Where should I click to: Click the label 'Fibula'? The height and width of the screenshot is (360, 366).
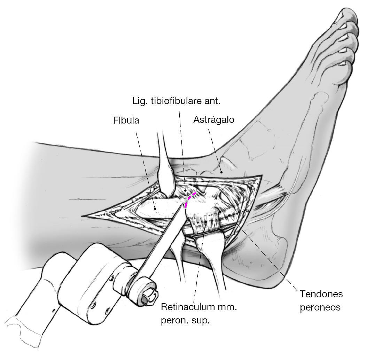click(126, 121)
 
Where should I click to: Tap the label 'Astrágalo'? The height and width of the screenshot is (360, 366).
click(213, 120)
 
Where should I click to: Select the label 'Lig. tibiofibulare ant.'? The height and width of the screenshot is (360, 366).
click(177, 101)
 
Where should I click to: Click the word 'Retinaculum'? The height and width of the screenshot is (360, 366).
click(186, 307)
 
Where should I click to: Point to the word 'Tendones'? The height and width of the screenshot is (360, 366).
click(321, 294)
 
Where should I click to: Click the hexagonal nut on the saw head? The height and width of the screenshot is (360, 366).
click(148, 295)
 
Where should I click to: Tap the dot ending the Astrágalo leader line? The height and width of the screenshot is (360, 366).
click(221, 172)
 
